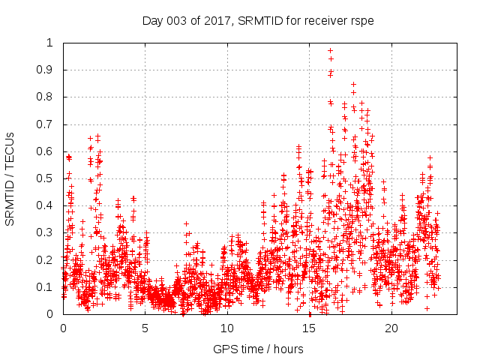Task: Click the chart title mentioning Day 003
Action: click(258, 20)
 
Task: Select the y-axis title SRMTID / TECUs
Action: click(10, 179)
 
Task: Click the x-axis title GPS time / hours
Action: click(258, 349)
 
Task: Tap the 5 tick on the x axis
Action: click(145, 328)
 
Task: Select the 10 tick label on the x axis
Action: click(227, 328)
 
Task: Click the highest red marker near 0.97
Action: click(330, 51)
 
